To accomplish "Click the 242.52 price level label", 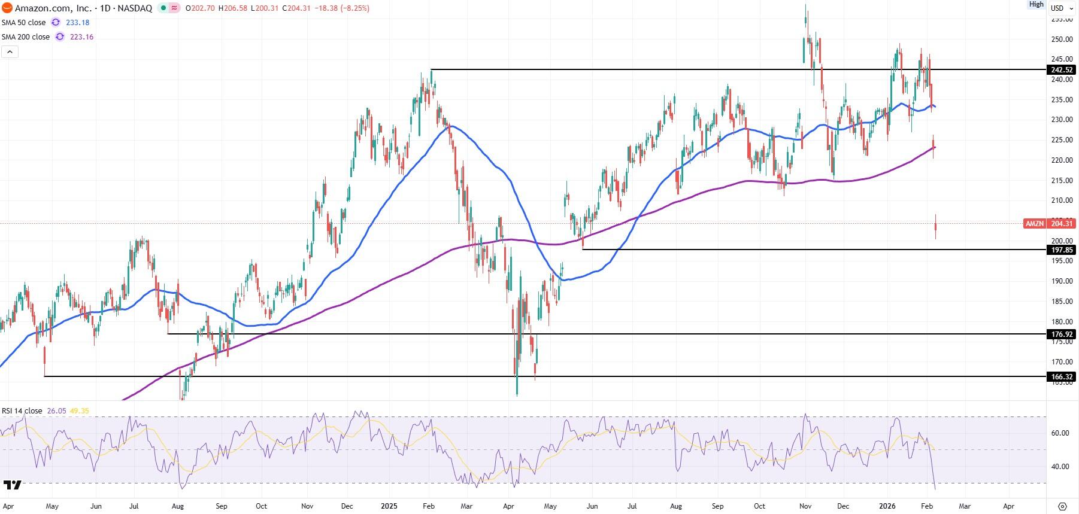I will tap(1062, 70).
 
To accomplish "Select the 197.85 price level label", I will tap(1062, 250).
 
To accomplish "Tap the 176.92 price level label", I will tap(1062, 334).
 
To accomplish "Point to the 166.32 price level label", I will tap(1062, 377).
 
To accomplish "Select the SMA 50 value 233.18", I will tap(77, 23).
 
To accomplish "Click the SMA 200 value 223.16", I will tap(81, 37).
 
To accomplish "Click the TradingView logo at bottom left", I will tap(12, 485).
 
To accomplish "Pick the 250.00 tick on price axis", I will tap(1062, 39).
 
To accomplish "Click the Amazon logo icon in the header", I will tap(7, 8).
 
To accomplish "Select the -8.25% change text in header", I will tap(354, 8).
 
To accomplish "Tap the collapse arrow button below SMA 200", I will tap(10, 52).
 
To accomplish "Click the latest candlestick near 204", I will tap(935, 227).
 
